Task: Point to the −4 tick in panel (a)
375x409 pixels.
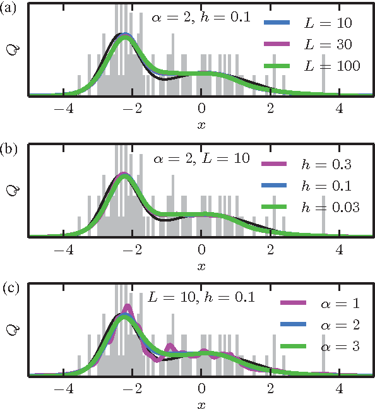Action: tap(61, 107)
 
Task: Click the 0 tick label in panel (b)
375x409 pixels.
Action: tap(201, 248)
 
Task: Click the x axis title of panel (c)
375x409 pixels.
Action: tap(201, 404)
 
